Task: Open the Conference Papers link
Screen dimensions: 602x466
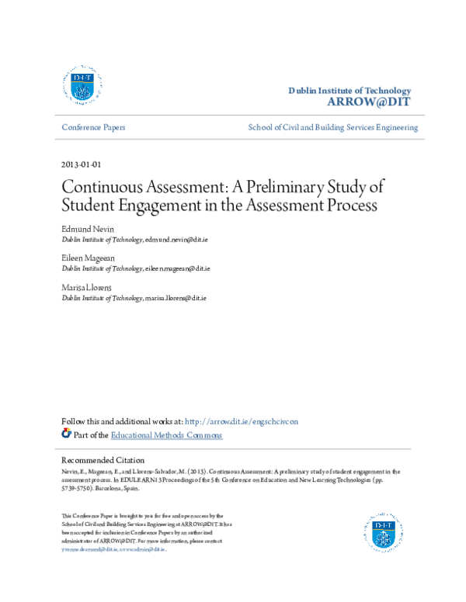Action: pyautogui.click(x=93, y=127)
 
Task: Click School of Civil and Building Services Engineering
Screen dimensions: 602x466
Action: pyautogui.click(x=332, y=127)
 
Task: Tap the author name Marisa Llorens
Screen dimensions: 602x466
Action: pyautogui.click(x=86, y=287)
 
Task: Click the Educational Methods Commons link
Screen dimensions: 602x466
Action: pyautogui.click(x=166, y=435)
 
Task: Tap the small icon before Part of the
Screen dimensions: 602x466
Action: pyautogui.click(x=66, y=434)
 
